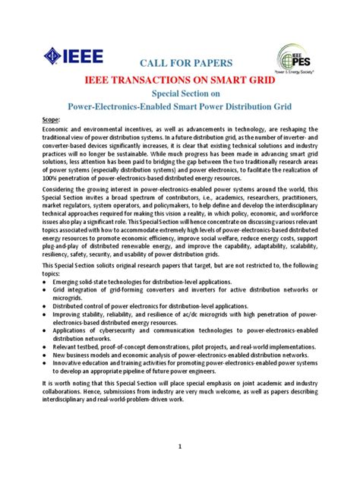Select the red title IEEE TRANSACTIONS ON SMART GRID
click(x=179, y=80)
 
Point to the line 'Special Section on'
click(x=179, y=94)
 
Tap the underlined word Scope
click(x=50, y=121)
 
